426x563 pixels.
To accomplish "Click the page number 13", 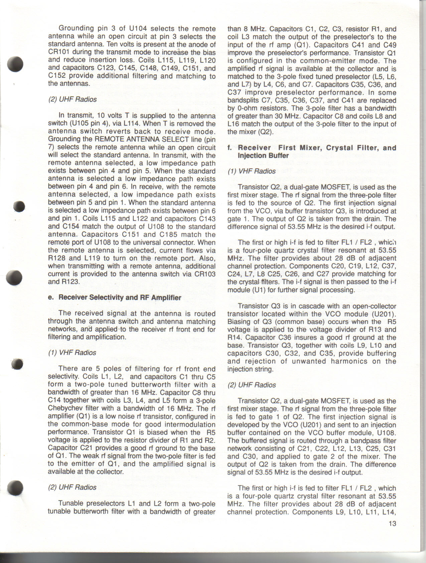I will pyautogui.click(x=392, y=524).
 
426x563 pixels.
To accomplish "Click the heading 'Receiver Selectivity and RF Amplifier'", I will pyautogui.click(x=120, y=298).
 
